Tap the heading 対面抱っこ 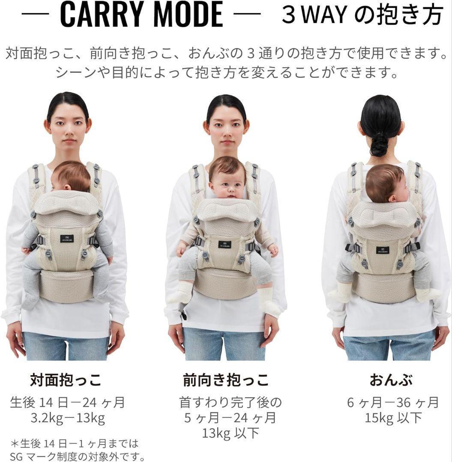pyautogui.click(x=66, y=380)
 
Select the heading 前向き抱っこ pyautogui.click(x=226, y=380)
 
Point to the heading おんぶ pyautogui.click(x=391, y=380)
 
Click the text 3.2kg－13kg pyautogui.click(x=68, y=418)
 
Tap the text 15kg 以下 pyautogui.click(x=393, y=418)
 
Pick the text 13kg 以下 pyautogui.click(x=230, y=433)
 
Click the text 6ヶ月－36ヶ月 pyautogui.click(x=393, y=403)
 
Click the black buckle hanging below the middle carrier pyautogui.click(x=184, y=316)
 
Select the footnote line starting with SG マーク pyautogui.click(x=77, y=456)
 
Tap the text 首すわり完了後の pyautogui.click(x=231, y=403)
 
